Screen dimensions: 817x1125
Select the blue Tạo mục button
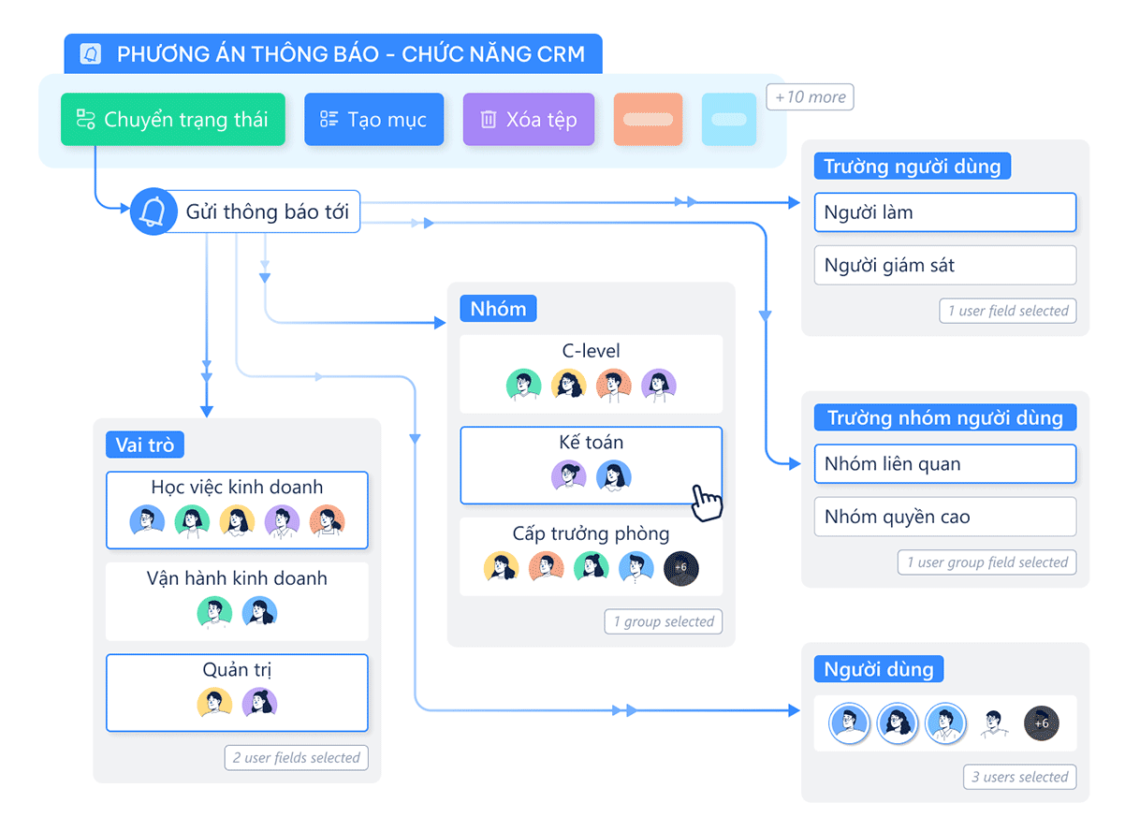click(x=373, y=120)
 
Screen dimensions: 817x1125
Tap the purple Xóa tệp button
click(x=528, y=120)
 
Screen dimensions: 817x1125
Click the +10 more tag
click(x=810, y=97)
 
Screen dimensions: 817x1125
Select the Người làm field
click(x=944, y=212)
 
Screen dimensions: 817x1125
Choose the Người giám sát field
click(x=944, y=265)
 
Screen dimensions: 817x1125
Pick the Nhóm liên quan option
click(x=944, y=464)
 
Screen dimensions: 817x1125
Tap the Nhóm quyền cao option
click(x=944, y=517)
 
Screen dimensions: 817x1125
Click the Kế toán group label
click(x=591, y=443)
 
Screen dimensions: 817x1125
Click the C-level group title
click(x=591, y=352)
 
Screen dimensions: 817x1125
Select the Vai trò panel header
click(x=145, y=445)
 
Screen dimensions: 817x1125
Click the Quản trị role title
click(x=237, y=670)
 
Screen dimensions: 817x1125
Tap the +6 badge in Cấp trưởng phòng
click(x=680, y=567)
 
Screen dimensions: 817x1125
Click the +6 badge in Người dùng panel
click(x=1042, y=723)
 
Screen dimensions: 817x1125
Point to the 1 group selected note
click(x=664, y=621)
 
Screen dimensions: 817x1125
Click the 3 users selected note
click(x=1019, y=777)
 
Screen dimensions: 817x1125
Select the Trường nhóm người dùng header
click(x=944, y=417)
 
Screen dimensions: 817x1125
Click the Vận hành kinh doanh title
click(x=237, y=578)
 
